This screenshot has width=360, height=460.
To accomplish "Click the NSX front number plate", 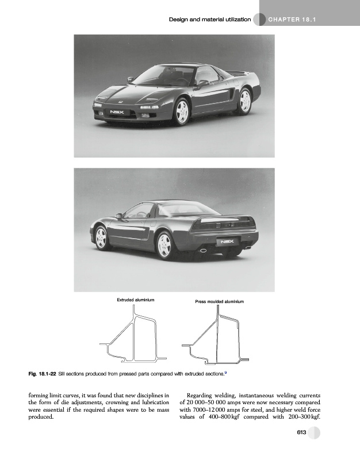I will coord(116,111).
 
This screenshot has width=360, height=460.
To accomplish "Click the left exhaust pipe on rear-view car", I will coord(202,251).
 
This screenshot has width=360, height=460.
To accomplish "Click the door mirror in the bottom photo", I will coord(118,216).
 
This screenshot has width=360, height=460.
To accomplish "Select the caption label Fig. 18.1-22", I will coord(42,374).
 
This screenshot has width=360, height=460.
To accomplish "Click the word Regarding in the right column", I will coord(202,395).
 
